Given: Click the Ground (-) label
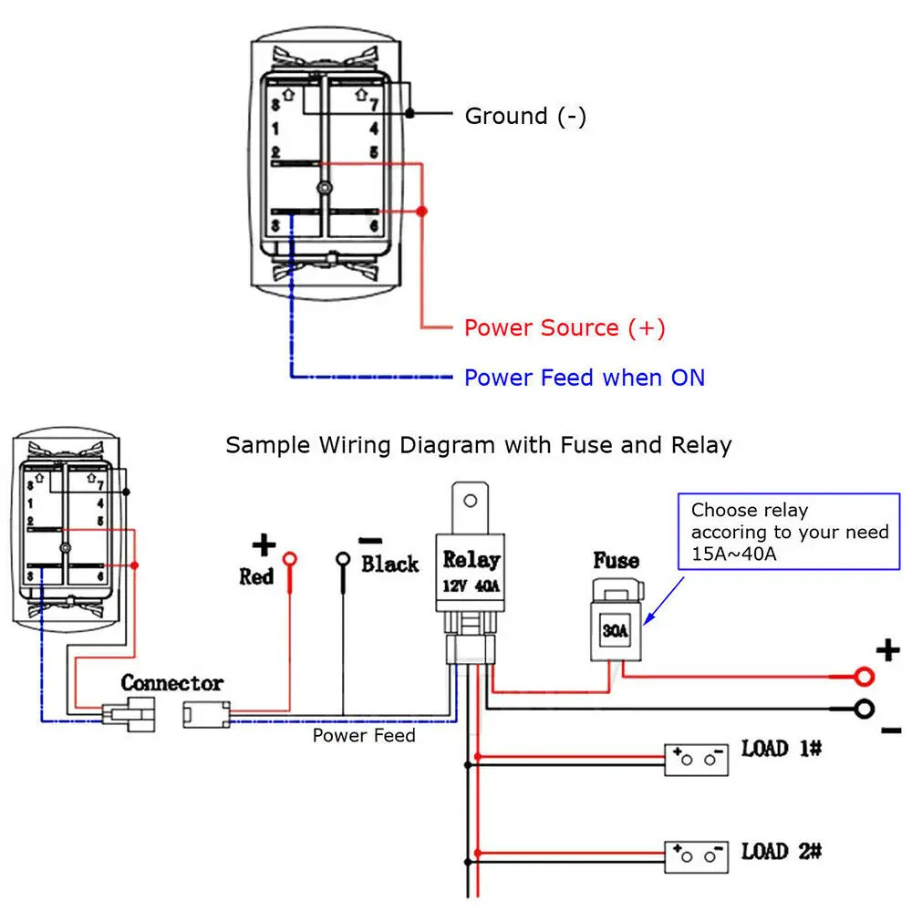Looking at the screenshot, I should coord(525,117).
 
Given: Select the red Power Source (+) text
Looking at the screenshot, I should coord(565,328).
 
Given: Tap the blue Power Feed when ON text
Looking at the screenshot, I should coord(585,378).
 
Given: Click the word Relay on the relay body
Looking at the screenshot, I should coord(471,560).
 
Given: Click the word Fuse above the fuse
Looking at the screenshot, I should coord(616,561).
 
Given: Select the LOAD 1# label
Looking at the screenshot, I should coord(782,750).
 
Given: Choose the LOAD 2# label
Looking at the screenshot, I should coord(782,852).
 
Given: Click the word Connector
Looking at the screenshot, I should coord(171,683).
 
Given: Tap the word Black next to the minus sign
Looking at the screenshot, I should coord(389,565).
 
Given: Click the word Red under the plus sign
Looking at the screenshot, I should coord(256,577).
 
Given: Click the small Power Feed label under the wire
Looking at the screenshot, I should coord(364,735).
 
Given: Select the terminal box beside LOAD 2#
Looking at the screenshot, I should coord(696,859).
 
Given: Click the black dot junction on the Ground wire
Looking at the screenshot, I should coord(410,114).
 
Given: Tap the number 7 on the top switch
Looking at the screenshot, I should coord(373,101).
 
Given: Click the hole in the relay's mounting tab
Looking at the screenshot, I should coord(471,501).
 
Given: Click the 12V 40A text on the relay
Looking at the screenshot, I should coord(471,587).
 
